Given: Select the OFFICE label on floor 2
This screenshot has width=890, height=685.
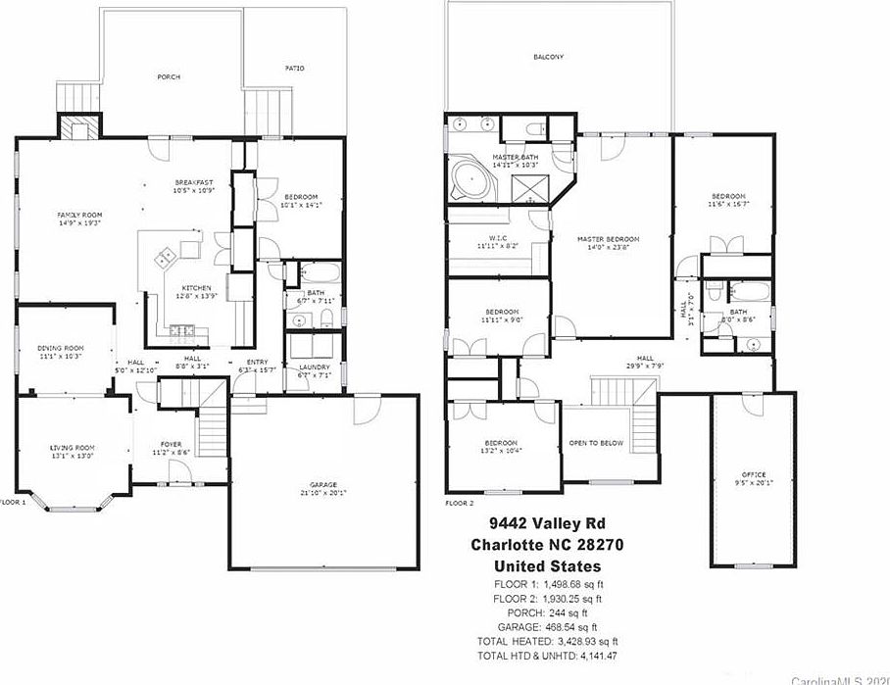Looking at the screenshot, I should click(x=753, y=475).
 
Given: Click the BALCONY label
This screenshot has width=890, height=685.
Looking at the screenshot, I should click(x=548, y=57).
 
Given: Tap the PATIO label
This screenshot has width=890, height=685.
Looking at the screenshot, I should click(x=295, y=69).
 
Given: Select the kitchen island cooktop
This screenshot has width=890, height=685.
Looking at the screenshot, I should click(x=166, y=257).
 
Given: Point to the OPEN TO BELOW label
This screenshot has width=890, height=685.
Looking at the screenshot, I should click(x=596, y=443).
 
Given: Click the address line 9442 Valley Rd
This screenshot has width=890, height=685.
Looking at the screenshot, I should click(x=548, y=522).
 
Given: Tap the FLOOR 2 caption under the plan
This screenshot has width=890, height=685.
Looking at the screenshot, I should click(x=459, y=503).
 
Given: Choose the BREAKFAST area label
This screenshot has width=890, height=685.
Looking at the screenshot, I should click(x=194, y=183).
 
